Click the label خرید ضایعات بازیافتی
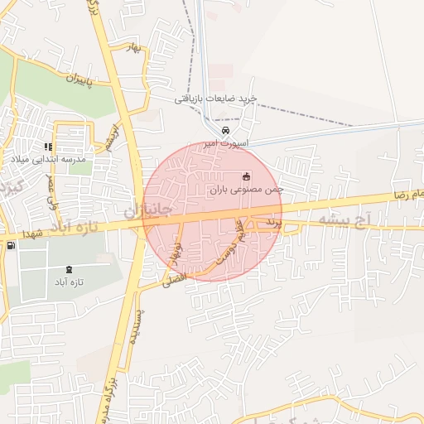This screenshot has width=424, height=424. [215, 98]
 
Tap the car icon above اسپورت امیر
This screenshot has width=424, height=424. [226, 131]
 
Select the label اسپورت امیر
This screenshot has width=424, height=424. [226, 143]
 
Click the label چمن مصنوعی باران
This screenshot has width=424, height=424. [246, 190]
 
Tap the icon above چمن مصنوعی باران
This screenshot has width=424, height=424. [246, 176]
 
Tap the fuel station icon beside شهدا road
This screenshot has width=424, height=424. [10, 244]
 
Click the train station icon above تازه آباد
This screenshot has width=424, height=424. [69, 269]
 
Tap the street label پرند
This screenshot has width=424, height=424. [273, 224]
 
